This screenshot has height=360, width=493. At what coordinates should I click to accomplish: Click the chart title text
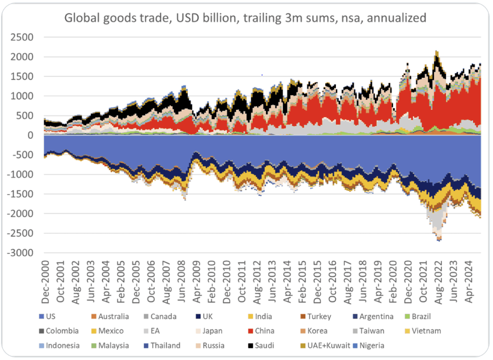[245, 18]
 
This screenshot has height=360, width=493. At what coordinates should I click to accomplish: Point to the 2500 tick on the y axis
[22, 37]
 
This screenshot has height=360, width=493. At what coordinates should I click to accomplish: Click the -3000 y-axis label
[20, 253]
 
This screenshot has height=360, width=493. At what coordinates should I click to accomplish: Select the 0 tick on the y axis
[30, 135]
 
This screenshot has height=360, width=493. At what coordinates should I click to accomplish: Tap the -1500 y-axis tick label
[20, 194]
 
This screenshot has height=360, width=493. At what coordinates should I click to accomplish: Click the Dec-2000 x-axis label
[45, 282]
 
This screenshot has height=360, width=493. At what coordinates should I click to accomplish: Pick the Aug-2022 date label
[438, 282]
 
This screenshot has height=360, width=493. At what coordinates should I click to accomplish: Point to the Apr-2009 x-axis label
[197, 282]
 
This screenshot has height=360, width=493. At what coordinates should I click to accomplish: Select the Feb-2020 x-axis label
[393, 282]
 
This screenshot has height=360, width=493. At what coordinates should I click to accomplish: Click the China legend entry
[261, 331]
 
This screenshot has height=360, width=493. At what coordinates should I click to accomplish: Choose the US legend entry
[47, 316]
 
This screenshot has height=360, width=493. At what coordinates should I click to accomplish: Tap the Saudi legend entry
[261, 345]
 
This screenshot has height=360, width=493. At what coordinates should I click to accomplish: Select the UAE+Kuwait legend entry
[325, 345]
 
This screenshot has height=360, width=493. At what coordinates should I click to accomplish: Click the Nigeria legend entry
[368, 345]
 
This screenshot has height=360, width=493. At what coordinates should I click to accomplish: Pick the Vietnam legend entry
[423, 331]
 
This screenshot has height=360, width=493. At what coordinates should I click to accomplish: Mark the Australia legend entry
[110, 316]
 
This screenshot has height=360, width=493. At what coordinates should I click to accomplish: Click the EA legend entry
[151, 331]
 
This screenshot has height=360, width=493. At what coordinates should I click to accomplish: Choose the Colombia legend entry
[59, 331]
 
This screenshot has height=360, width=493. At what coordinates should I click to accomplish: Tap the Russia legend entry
[210, 345]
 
